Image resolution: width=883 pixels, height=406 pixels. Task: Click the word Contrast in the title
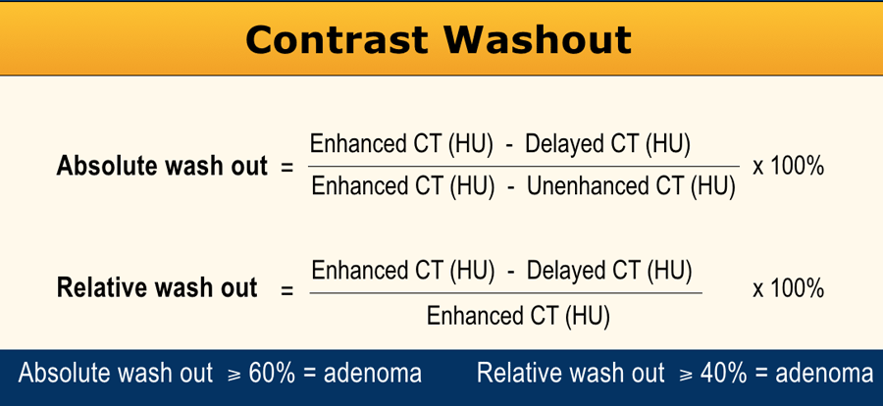[337, 39]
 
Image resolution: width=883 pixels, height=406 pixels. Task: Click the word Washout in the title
[538, 39]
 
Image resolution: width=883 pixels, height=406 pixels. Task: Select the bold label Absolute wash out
[162, 167]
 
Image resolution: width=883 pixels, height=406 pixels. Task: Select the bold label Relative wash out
[157, 287]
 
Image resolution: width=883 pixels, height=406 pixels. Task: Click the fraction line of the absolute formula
[524, 166]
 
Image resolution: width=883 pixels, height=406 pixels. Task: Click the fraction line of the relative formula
[505, 293]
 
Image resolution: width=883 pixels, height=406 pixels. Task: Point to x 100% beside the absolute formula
[789, 167]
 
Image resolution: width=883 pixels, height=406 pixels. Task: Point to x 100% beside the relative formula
[789, 289]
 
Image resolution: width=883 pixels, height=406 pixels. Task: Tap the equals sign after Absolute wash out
[287, 168]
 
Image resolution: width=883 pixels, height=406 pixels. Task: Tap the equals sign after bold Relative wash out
[287, 290]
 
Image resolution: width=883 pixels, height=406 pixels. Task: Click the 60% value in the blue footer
[272, 373]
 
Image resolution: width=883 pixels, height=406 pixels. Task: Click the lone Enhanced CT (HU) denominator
[518, 316]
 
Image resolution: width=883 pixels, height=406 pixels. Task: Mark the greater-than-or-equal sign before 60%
[234, 374]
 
